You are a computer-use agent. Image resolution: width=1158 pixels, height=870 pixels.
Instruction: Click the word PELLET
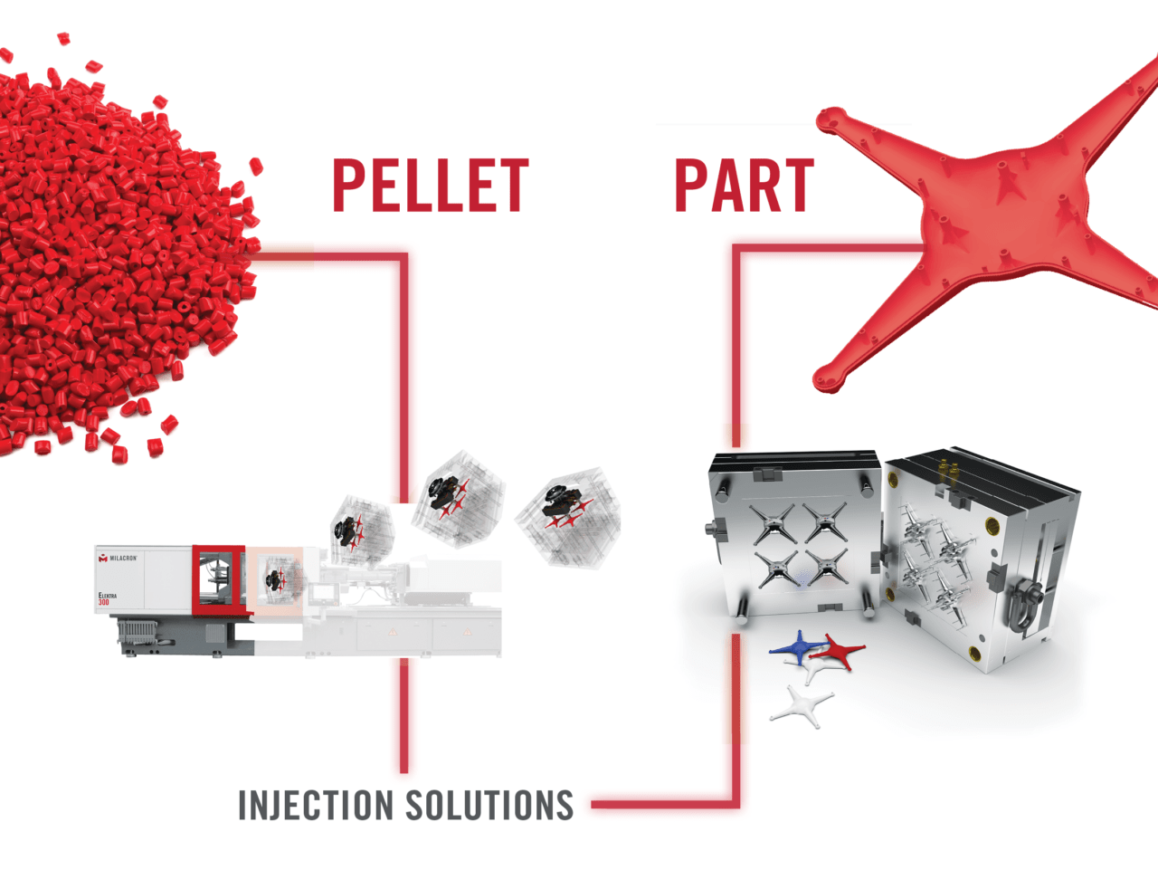pyautogui.click(x=430, y=186)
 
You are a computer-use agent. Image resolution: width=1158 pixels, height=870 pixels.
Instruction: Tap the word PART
pyautogui.click(x=744, y=186)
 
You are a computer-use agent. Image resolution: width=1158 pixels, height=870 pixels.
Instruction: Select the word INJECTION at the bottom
pyautogui.click(x=315, y=805)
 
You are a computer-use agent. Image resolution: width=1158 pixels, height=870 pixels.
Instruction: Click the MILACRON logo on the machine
pyautogui.click(x=119, y=559)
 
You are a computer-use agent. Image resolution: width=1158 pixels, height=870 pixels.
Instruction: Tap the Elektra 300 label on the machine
pyautogui.click(x=107, y=598)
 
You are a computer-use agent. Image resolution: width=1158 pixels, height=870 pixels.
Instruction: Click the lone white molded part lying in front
pyautogui.click(x=802, y=704)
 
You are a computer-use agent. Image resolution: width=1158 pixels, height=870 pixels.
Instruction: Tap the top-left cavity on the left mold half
pyautogui.click(x=774, y=522)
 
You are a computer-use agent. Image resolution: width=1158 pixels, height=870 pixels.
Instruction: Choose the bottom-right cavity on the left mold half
pyautogui.click(x=826, y=568)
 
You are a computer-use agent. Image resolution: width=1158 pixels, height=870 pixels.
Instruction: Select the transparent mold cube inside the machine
pyautogui.click(x=276, y=577)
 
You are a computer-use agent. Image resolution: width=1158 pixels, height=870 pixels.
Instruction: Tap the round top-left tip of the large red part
pyautogui.click(x=830, y=120)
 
